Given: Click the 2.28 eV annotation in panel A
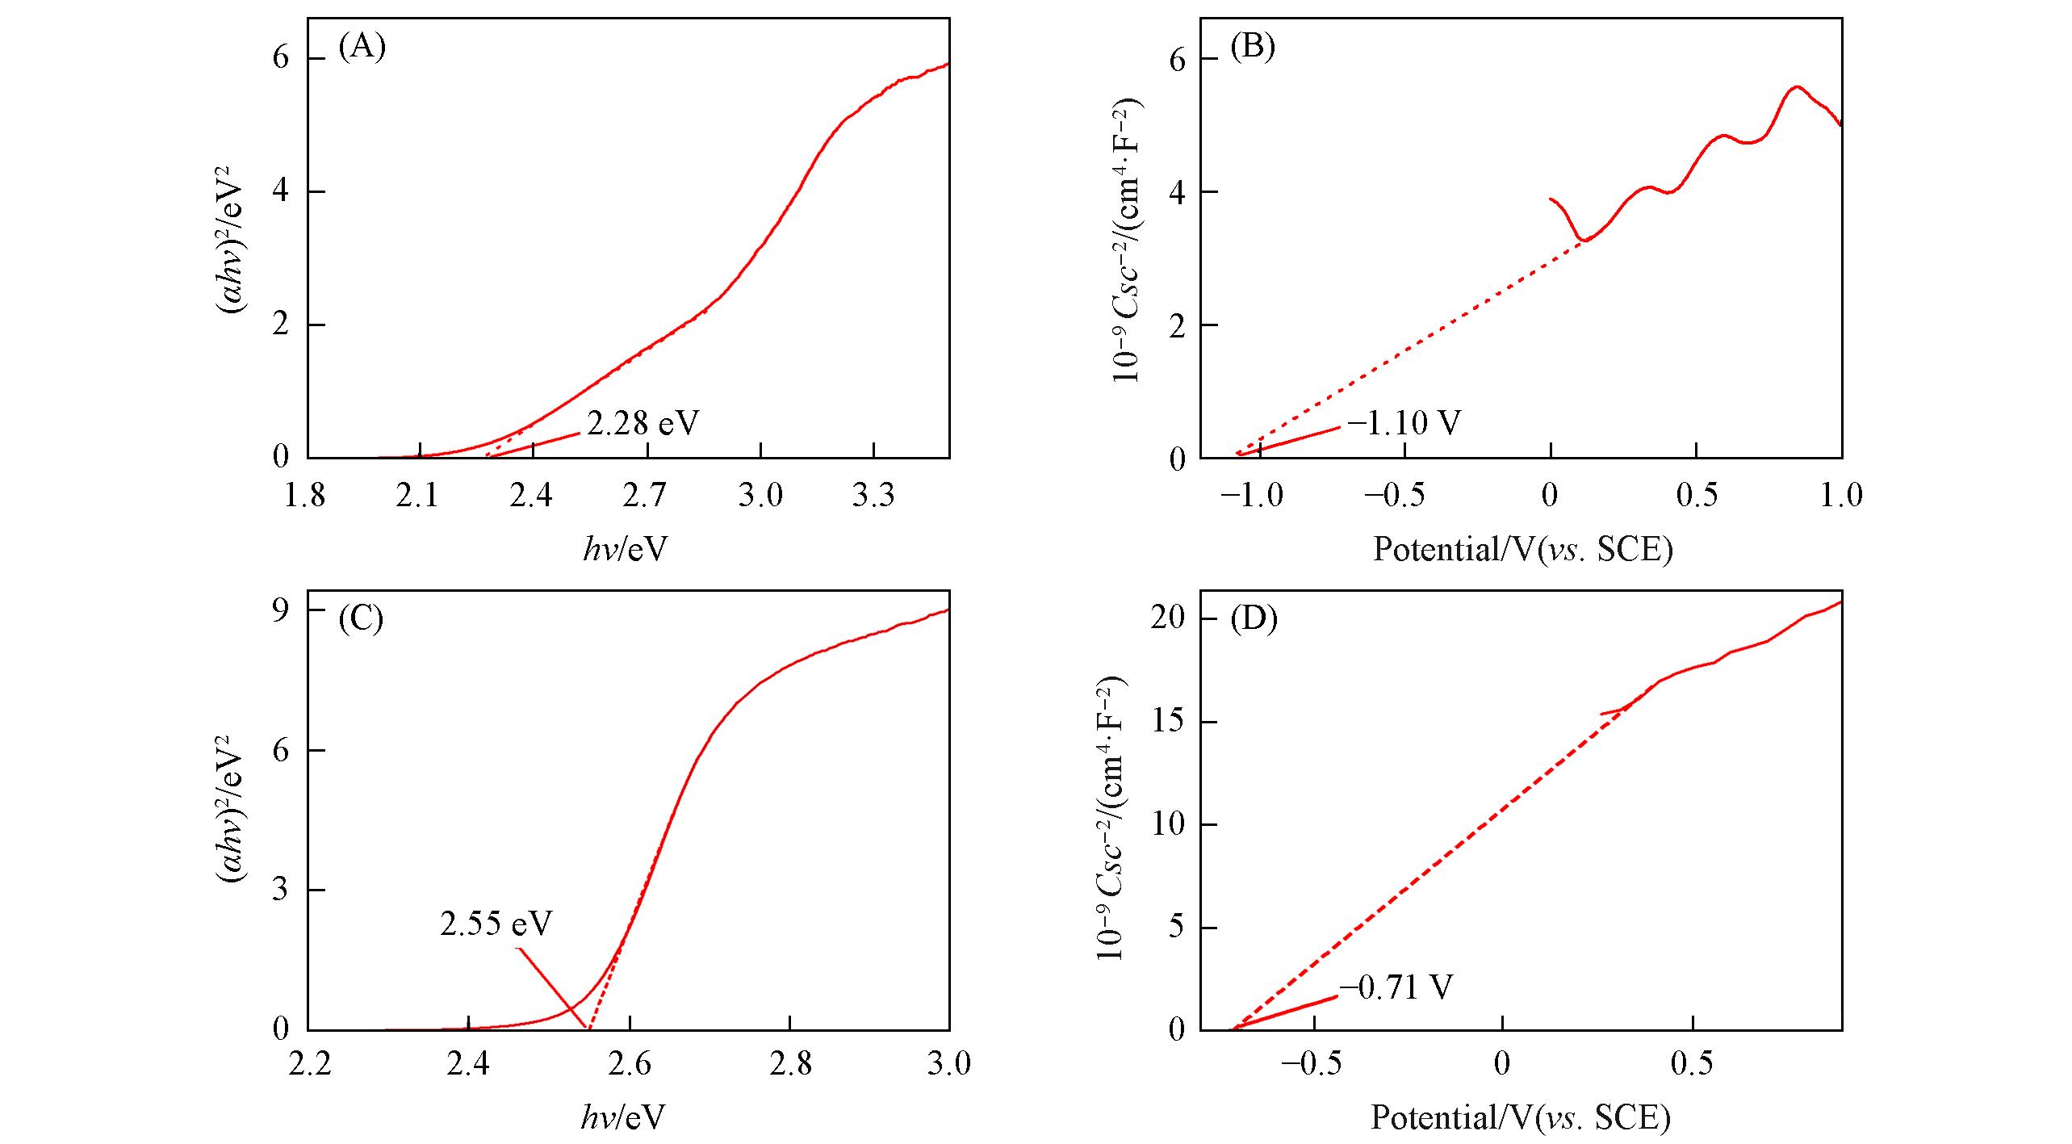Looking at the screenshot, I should click(643, 423).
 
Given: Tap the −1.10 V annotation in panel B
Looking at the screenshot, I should click(1404, 423).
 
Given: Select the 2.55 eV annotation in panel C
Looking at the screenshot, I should click(496, 924).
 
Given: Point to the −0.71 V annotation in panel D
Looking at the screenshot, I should click(1396, 987).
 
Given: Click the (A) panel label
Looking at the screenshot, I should click(362, 48).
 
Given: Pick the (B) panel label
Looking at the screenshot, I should click(1253, 48).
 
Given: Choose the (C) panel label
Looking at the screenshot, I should click(361, 618).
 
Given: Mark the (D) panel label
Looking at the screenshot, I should click(1254, 618).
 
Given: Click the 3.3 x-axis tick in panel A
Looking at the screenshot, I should click(873, 495).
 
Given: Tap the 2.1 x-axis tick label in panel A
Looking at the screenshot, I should click(418, 495).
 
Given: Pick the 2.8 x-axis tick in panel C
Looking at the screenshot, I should click(790, 1064).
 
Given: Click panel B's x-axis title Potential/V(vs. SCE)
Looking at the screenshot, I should click(1523, 550).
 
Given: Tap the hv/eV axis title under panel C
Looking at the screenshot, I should click(623, 1118).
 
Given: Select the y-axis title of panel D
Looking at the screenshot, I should click(1112, 817).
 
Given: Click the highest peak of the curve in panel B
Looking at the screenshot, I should click(1798, 86).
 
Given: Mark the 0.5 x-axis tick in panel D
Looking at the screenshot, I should click(1692, 1064).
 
